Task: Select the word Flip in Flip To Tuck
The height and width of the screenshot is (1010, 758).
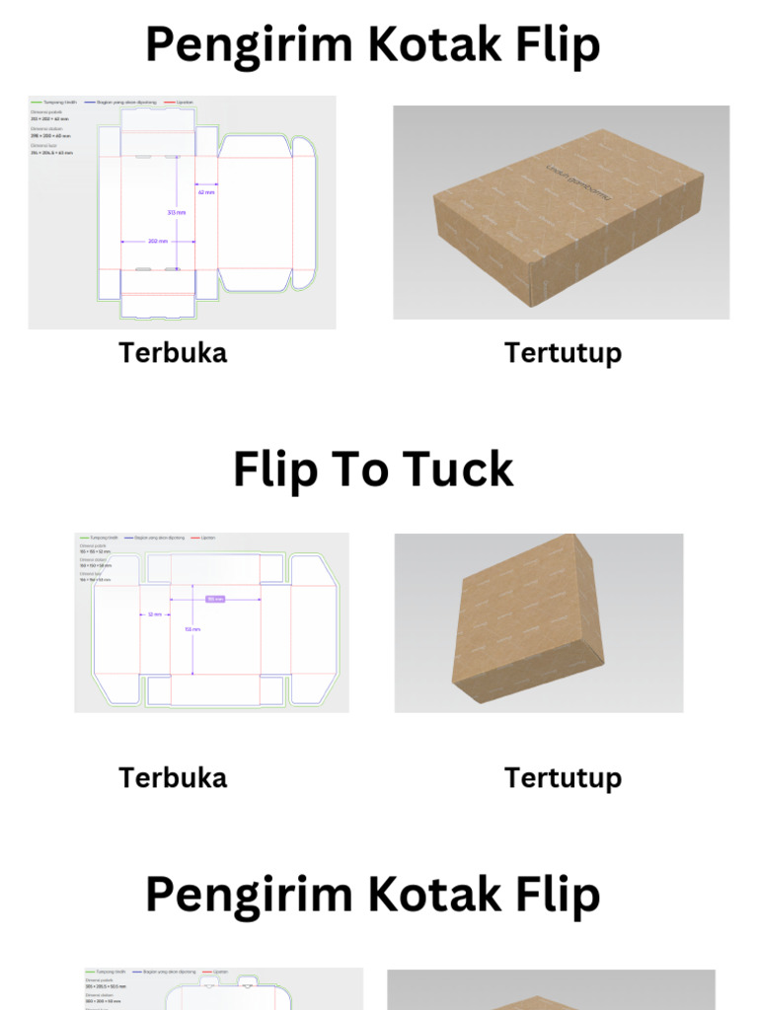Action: (x=276, y=469)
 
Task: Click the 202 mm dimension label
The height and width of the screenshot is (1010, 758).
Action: (x=157, y=241)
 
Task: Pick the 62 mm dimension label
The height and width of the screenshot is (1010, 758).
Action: (x=206, y=192)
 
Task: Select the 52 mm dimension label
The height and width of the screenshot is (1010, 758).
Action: (x=155, y=614)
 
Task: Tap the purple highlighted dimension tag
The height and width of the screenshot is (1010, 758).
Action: (x=215, y=599)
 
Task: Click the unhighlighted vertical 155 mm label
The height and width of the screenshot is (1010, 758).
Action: (x=193, y=628)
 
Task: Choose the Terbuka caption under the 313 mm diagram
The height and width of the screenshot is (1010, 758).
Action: (x=173, y=352)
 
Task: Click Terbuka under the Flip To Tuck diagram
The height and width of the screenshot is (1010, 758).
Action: (x=173, y=777)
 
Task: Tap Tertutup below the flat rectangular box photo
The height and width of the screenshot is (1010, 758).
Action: (x=563, y=352)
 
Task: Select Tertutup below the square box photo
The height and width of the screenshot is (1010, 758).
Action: (x=563, y=777)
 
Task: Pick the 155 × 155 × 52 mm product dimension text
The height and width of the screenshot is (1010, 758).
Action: (x=95, y=549)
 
